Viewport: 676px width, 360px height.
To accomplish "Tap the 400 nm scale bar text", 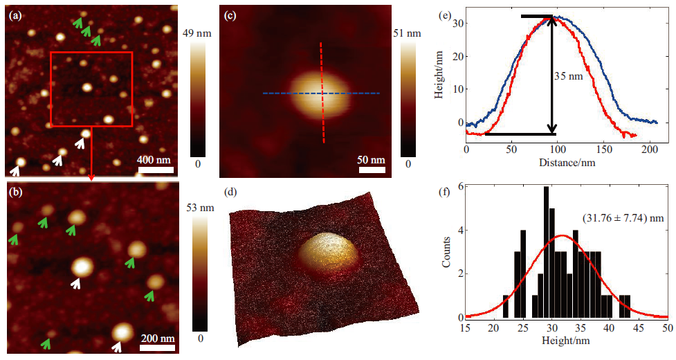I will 154,160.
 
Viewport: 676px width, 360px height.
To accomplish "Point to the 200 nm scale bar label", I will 158,339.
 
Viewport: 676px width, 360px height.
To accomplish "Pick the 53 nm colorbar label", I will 201,208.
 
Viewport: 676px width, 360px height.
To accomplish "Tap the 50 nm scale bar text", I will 372,160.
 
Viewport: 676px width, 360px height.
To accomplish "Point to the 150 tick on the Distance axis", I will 604,150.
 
